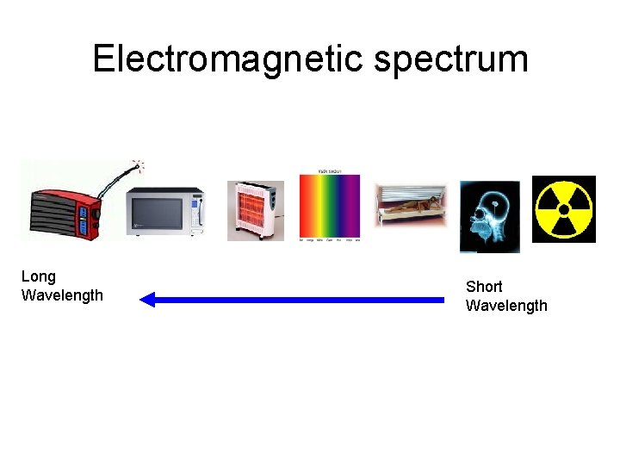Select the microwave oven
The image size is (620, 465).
(x=164, y=211)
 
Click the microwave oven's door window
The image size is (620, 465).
(x=156, y=213)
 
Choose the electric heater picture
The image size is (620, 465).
(x=255, y=210)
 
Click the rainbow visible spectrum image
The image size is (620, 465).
(x=329, y=207)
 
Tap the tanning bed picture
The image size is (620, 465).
(x=411, y=206)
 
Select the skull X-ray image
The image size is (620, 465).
(x=489, y=216)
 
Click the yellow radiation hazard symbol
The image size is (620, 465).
(x=564, y=209)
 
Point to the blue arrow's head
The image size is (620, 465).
(x=147, y=300)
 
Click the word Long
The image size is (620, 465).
(x=38, y=276)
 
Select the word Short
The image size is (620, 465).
(x=484, y=287)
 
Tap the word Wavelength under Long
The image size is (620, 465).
(x=62, y=295)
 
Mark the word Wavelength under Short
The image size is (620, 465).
(x=506, y=306)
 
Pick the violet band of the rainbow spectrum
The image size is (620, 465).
(x=353, y=207)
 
